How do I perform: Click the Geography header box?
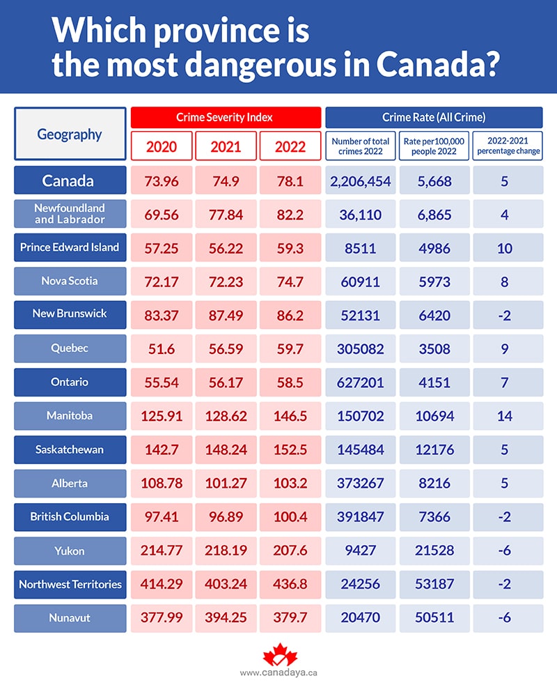coord(70,134)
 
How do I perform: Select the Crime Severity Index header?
coord(226,118)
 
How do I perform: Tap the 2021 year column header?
coord(226,147)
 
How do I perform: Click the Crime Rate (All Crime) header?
coord(433,118)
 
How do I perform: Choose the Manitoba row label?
coord(70,416)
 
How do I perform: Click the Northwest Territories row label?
coord(70,585)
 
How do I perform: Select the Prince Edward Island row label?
coord(70,247)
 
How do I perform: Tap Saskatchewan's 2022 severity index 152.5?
coord(290,449)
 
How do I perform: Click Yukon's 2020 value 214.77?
coord(162,551)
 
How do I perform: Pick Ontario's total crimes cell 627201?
coord(360,383)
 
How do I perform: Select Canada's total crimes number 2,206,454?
coord(360,181)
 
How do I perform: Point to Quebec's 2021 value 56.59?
coord(226,348)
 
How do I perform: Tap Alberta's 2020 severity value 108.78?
coord(162,483)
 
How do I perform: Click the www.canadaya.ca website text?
coord(278,673)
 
